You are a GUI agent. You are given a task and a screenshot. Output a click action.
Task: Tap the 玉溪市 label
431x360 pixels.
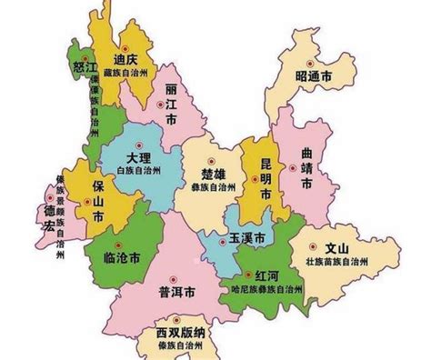[246, 238]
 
